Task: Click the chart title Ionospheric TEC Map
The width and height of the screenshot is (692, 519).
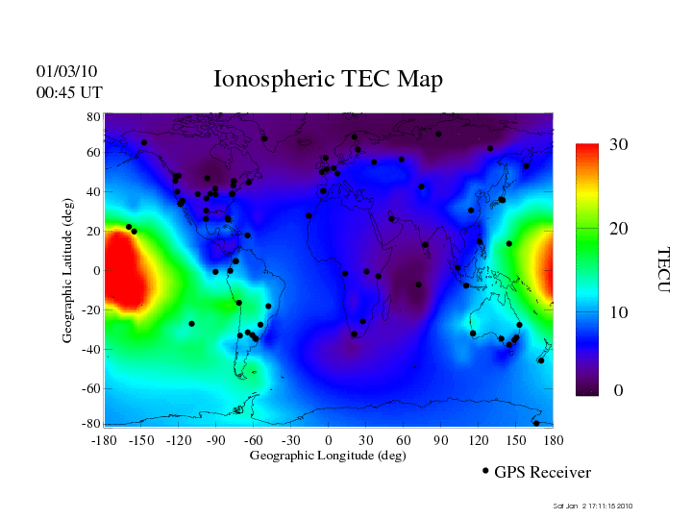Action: coord(328,79)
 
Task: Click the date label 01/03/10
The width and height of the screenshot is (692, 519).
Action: coord(66,72)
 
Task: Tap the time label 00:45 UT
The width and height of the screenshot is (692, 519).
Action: coord(68,92)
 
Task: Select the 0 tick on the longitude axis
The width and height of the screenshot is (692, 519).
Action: coord(328,439)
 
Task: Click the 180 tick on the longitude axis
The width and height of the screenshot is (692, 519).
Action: coord(553,439)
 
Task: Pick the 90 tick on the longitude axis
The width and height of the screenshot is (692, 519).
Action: coord(440,439)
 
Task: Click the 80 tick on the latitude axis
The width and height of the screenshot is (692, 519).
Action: coord(94,116)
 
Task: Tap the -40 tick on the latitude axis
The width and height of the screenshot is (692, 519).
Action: coord(90,350)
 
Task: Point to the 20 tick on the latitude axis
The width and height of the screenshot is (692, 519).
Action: coord(94,232)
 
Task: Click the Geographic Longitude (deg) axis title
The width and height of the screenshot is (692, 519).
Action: coord(328,456)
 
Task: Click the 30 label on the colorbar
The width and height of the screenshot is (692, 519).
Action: coord(619,145)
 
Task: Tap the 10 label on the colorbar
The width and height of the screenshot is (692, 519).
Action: coord(619,313)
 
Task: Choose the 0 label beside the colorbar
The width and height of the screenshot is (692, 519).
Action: coord(618,391)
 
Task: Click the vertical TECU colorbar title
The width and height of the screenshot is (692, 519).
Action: coord(662,269)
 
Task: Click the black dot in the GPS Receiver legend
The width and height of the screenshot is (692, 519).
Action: coord(485,471)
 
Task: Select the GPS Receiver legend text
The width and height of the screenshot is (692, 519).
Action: coord(542,472)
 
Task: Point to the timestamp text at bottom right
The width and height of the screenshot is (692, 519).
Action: coord(594,506)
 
